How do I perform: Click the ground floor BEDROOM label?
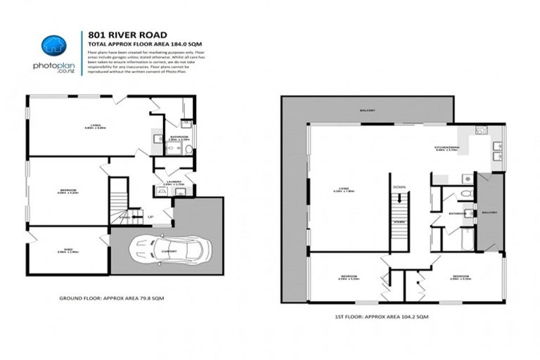tap(68, 190)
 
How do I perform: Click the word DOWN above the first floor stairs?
tap(399, 187)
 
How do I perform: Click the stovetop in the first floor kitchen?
tap(482, 130)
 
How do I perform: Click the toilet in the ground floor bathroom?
tap(188, 149)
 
